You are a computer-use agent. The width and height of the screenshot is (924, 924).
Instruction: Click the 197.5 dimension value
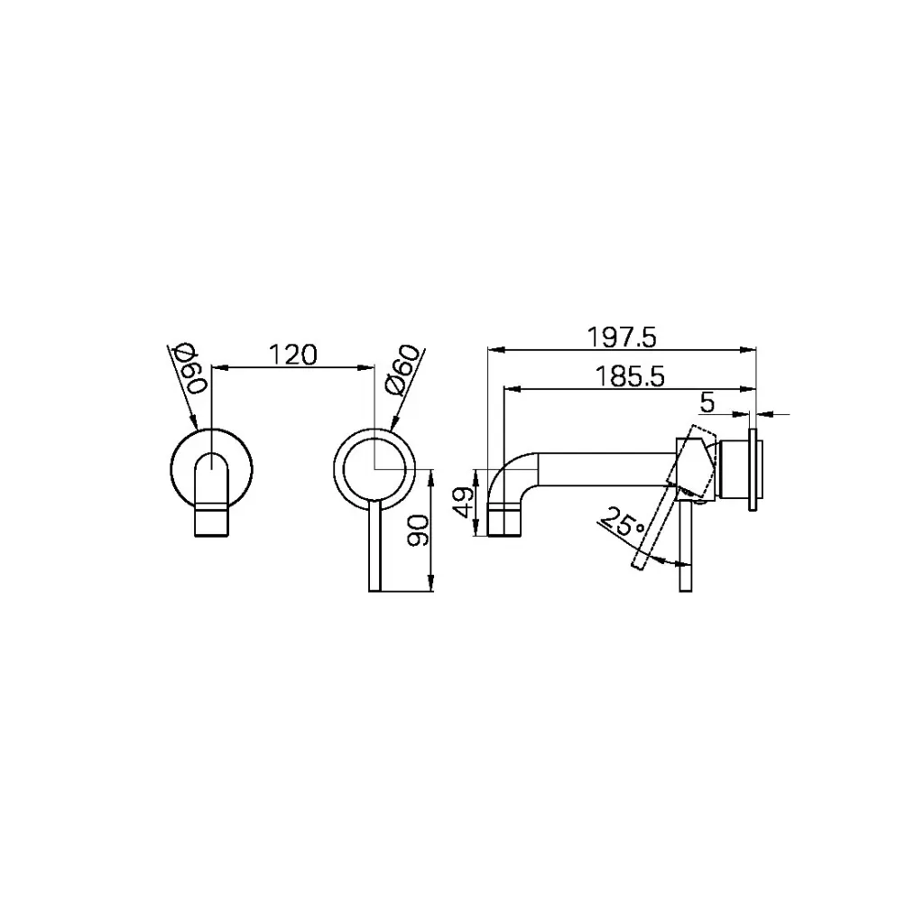tap(622, 337)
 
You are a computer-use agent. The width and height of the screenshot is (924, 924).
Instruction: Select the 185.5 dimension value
tap(631, 377)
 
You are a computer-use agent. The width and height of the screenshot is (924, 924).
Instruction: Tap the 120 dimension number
tap(293, 355)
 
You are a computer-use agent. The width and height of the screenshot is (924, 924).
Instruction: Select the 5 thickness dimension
tap(707, 400)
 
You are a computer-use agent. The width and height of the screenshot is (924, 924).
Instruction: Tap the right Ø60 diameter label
tap(401, 369)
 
